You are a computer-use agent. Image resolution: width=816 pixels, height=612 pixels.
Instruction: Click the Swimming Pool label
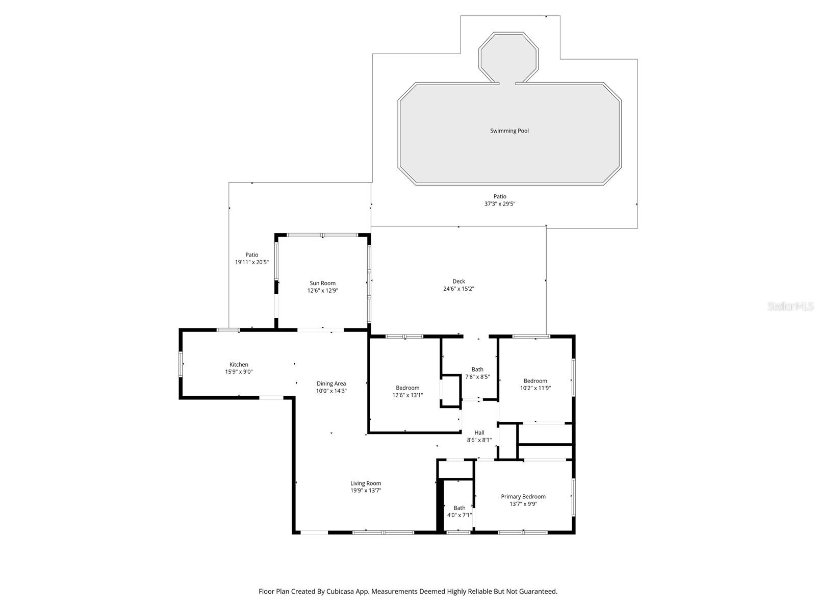point(509,131)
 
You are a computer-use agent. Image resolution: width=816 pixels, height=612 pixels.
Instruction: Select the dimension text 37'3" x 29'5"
point(500,204)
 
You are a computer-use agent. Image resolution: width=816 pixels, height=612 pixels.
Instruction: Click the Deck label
point(458,282)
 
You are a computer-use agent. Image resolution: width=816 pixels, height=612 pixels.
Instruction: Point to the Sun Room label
point(322,284)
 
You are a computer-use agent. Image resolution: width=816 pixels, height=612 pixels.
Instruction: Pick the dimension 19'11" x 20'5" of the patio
point(251,262)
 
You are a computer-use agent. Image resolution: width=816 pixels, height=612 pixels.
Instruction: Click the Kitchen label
point(239,365)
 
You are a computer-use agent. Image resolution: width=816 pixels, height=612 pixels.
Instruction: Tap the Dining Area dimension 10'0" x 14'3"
point(331,391)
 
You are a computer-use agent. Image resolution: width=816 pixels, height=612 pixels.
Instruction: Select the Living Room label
point(365,483)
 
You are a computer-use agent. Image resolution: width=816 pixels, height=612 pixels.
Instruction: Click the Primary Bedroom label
point(523,497)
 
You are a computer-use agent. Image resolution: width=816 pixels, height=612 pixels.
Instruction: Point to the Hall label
point(479,433)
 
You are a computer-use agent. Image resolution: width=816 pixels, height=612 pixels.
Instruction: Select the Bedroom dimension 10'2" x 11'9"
point(535,388)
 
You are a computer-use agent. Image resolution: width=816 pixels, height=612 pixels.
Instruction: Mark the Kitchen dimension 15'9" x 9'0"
point(239,372)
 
